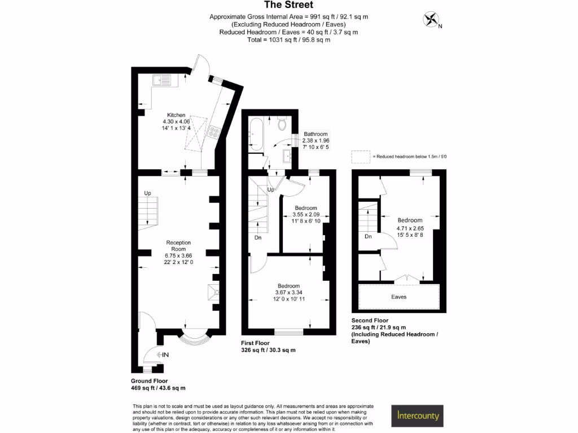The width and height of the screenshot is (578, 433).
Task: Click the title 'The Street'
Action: tap(288, 6)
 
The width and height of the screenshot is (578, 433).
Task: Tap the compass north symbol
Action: tap(431, 20)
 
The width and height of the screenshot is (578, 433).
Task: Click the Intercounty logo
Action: tap(418, 416)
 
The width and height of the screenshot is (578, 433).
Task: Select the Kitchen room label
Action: tap(176, 115)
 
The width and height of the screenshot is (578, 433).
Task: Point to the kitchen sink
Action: tap(163, 80)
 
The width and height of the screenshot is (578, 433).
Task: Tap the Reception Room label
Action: tap(178, 246)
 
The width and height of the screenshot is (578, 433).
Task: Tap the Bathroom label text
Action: tap(316, 134)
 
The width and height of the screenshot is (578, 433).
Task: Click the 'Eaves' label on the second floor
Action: tap(399, 297)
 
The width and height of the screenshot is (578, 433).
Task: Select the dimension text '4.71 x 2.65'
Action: tap(410, 228)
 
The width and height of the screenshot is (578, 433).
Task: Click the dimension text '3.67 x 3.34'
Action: tap(288, 292)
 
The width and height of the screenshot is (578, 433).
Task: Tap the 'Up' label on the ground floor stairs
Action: tap(148, 193)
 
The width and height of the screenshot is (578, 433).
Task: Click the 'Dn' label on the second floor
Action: tap(368, 237)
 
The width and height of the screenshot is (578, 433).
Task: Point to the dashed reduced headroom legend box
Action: tap(360, 156)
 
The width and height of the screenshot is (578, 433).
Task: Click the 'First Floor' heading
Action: tap(256, 343)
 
